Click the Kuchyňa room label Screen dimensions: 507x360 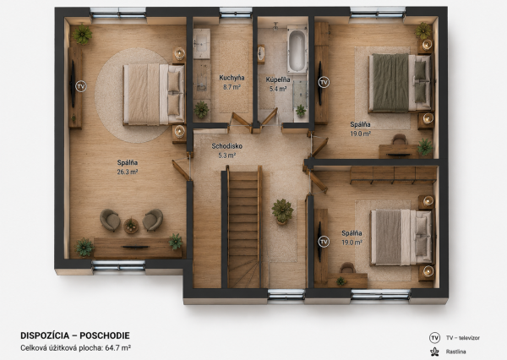tap(232, 78)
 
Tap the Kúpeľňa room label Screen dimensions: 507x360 tap(278, 79)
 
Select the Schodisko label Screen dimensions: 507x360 tap(227, 146)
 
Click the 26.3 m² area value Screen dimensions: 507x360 tap(128, 172)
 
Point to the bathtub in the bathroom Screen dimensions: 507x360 tap(297, 50)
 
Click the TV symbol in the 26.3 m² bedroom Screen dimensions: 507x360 tap(81, 86)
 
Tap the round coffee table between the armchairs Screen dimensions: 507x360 tap(131, 225)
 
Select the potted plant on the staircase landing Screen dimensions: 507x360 tap(282, 211)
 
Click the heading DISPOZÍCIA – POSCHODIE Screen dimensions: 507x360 tap(75, 335)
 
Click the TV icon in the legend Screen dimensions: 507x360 tap(434, 338)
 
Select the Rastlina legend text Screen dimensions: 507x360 tap(456, 352)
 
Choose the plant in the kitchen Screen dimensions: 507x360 tap(201, 109)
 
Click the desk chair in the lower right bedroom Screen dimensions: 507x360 tap(347, 268)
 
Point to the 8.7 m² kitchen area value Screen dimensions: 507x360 tap(232, 87)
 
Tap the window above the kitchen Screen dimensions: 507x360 tap(236, 13)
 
